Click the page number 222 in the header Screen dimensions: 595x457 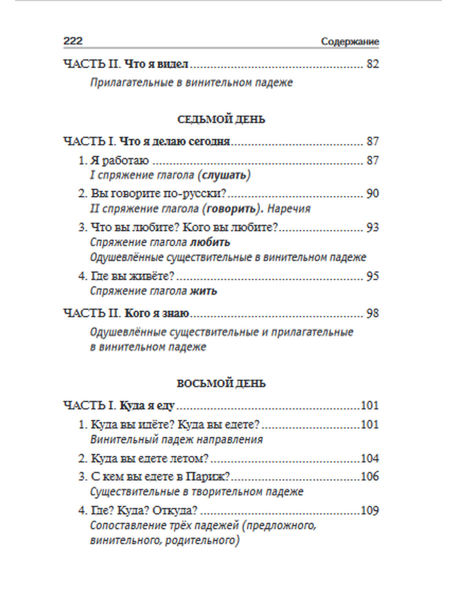tap(73, 41)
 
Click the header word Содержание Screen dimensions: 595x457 tap(350, 42)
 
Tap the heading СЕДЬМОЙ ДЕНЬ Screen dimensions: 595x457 tap(221, 120)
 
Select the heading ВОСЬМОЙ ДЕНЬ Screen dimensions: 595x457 tap(221, 384)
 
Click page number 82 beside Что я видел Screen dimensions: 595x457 tap(372, 65)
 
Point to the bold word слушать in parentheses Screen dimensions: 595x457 tap(226, 175)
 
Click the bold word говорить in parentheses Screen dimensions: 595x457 tap(231, 209)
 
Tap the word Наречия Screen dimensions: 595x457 tap(288, 209)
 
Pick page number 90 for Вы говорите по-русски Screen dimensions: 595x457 tap(372, 194)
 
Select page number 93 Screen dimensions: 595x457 tap(372, 227)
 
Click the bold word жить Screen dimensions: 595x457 tap(203, 291)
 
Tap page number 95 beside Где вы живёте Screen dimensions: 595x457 tap(372, 276)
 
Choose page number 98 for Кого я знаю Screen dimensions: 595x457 tap(372, 314)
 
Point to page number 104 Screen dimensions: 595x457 tap(370, 459)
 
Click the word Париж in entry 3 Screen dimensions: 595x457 tap(205, 477)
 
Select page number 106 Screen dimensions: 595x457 tap(370, 477)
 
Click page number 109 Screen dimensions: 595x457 tap(370, 511)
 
